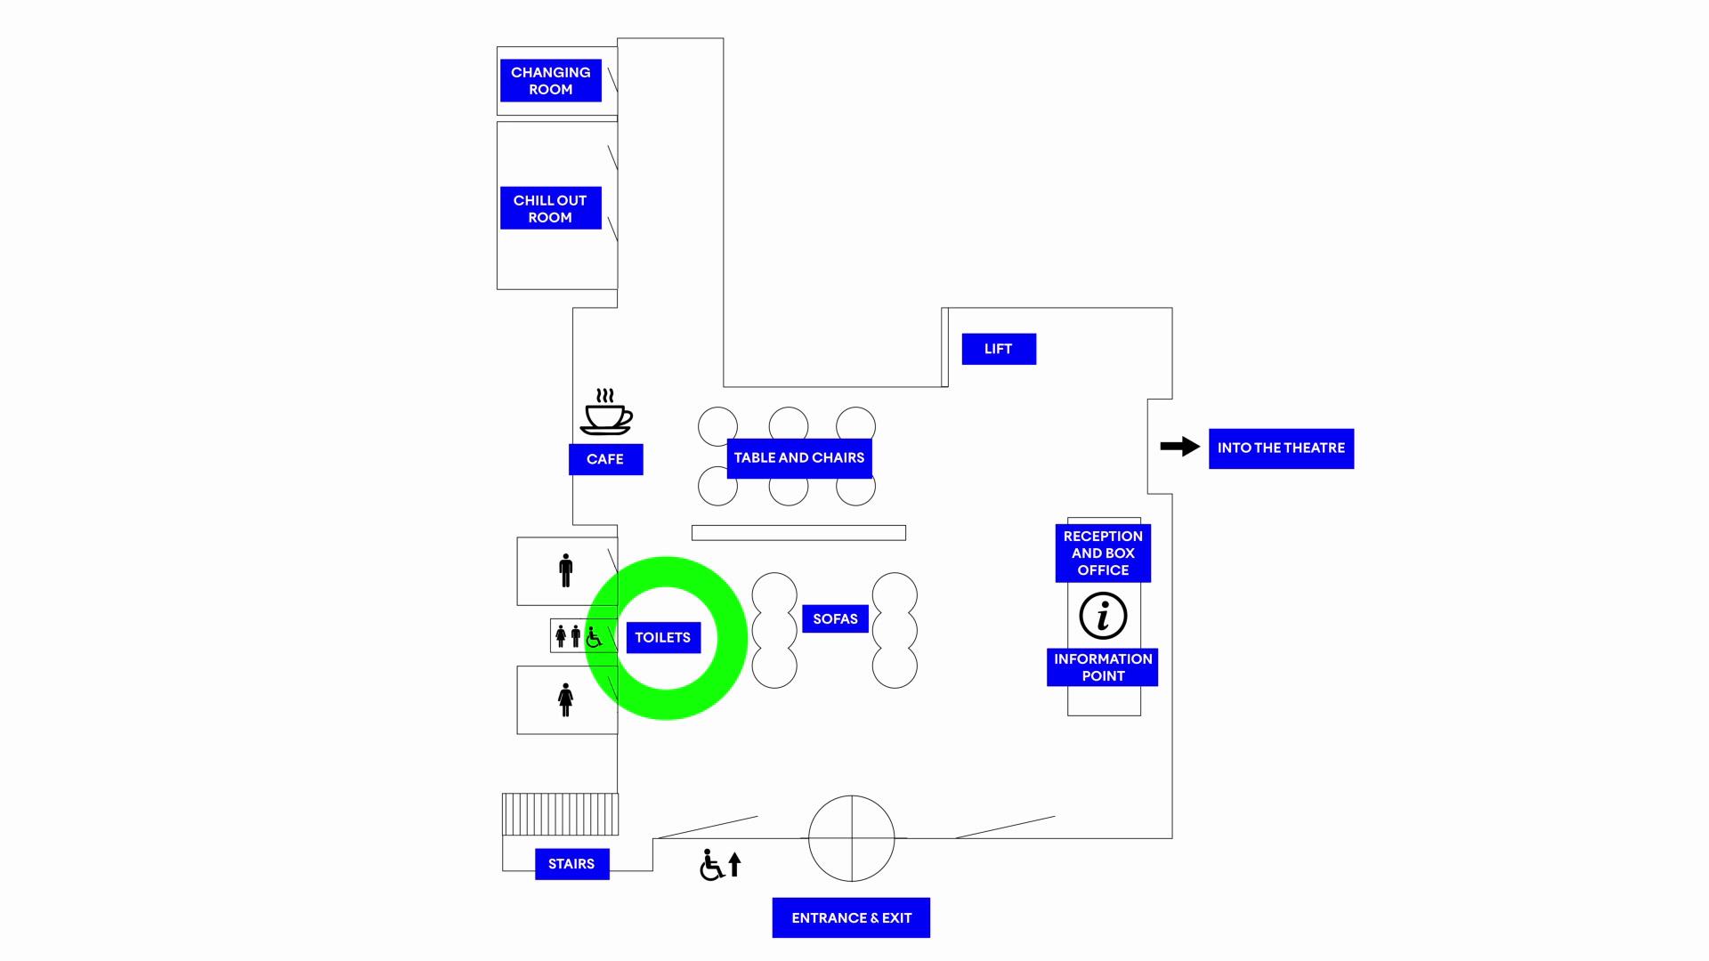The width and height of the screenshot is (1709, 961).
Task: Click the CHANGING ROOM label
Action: (550, 81)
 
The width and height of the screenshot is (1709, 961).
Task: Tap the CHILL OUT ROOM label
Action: (550, 208)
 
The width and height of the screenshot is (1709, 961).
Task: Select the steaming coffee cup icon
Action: (606, 412)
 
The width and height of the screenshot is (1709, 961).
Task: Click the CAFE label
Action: (605, 459)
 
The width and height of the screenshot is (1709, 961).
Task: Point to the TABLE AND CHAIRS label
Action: (798, 458)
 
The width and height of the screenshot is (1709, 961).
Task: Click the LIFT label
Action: (998, 349)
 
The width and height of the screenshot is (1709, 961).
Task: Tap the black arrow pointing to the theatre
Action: (1179, 447)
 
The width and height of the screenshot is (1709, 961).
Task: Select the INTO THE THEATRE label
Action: (1280, 448)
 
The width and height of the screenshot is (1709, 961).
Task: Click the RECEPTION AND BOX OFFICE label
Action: (1102, 553)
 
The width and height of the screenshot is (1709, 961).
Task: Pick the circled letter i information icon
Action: (1103, 616)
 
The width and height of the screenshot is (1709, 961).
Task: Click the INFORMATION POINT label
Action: (1102, 667)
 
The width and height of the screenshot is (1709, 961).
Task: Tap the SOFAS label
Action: (835, 619)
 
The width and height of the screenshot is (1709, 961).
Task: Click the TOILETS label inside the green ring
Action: (663, 638)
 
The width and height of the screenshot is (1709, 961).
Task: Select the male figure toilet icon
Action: (565, 570)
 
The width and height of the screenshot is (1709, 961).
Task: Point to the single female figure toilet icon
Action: (565, 700)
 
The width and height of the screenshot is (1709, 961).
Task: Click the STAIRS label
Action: (571, 864)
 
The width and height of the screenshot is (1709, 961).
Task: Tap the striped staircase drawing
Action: (560, 814)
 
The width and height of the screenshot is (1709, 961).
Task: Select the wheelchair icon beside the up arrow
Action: (711, 865)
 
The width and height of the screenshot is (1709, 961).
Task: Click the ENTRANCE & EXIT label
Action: (851, 918)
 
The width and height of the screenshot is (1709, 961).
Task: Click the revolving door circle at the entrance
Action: (851, 838)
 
